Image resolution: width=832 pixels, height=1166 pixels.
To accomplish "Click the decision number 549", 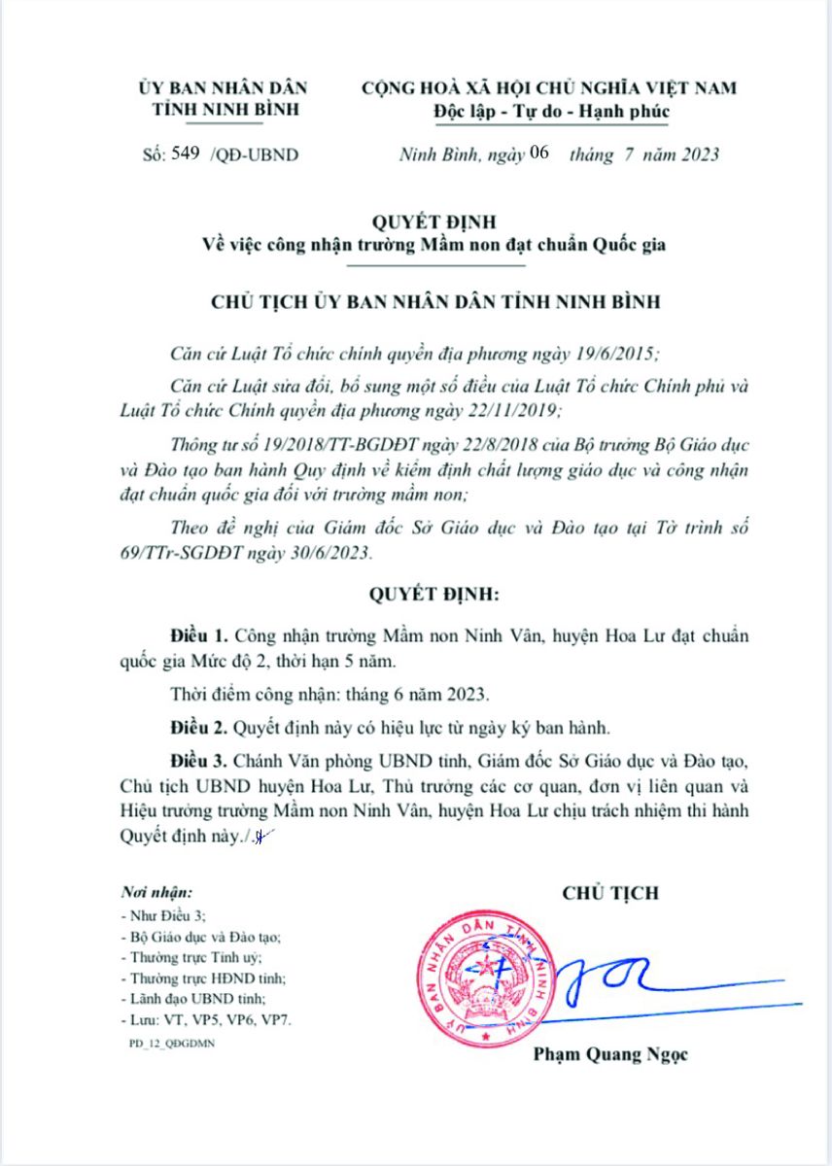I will click(x=186, y=154).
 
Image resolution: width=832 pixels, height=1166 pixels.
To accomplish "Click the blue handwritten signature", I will click(x=622, y=981).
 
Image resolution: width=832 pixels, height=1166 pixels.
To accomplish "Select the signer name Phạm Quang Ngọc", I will click(x=610, y=1054).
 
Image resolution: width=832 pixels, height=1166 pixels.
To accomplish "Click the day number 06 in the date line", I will click(x=540, y=153).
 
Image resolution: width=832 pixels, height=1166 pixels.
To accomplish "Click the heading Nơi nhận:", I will click(x=156, y=891).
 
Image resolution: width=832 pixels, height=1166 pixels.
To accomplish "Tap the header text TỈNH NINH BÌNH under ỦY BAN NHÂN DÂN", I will click(x=225, y=108).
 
